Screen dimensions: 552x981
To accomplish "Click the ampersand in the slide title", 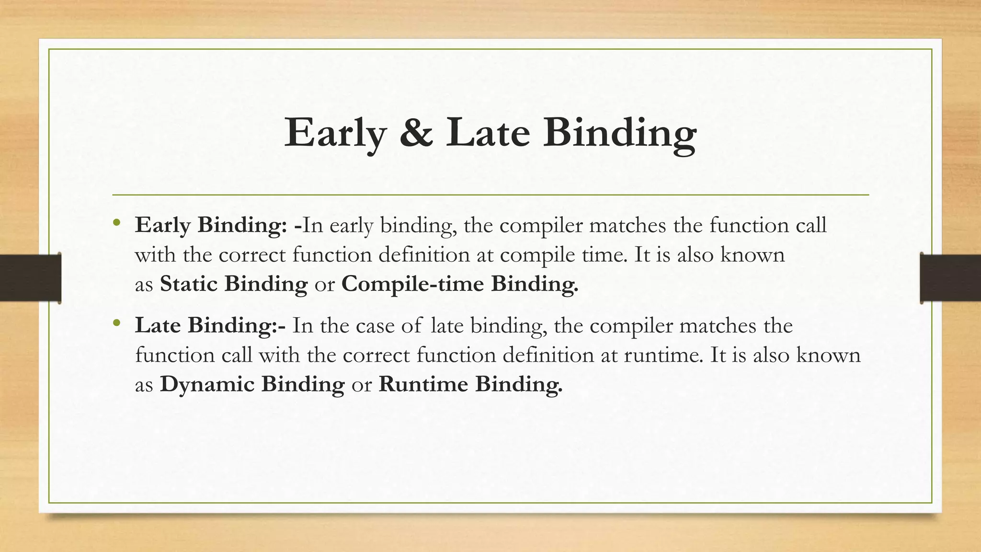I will tap(415, 133).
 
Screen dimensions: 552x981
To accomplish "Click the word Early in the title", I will tap(335, 133).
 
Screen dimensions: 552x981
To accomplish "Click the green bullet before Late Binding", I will tap(116, 324).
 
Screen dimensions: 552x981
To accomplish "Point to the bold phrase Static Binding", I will tap(233, 284).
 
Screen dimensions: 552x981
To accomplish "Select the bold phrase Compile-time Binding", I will tap(459, 284).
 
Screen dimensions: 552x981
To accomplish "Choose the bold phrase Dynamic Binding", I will tap(252, 384).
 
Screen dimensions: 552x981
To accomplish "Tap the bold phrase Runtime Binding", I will tap(470, 384).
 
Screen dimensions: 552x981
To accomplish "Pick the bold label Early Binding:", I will tap(211, 225).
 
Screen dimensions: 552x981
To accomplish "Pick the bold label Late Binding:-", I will tap(210, 325).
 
